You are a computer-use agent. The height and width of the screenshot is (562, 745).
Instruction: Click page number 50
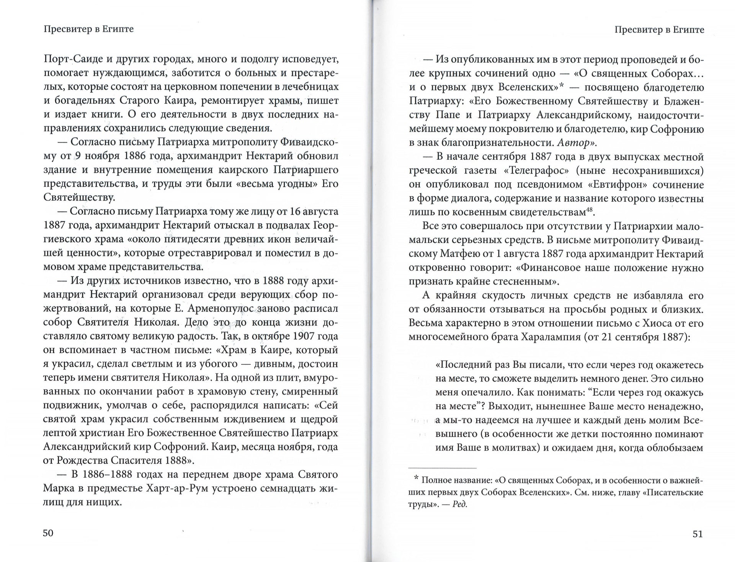pyautogui.click(x=48, y=533)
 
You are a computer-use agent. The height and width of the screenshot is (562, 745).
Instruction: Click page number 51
pyautogui.click(x=698, y=534)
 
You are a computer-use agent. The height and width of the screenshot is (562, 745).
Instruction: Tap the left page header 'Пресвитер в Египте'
pyautogui.click(x=88, y=29)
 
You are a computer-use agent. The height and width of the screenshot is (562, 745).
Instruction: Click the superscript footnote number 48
pyautogui.click(x=590, y=210)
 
